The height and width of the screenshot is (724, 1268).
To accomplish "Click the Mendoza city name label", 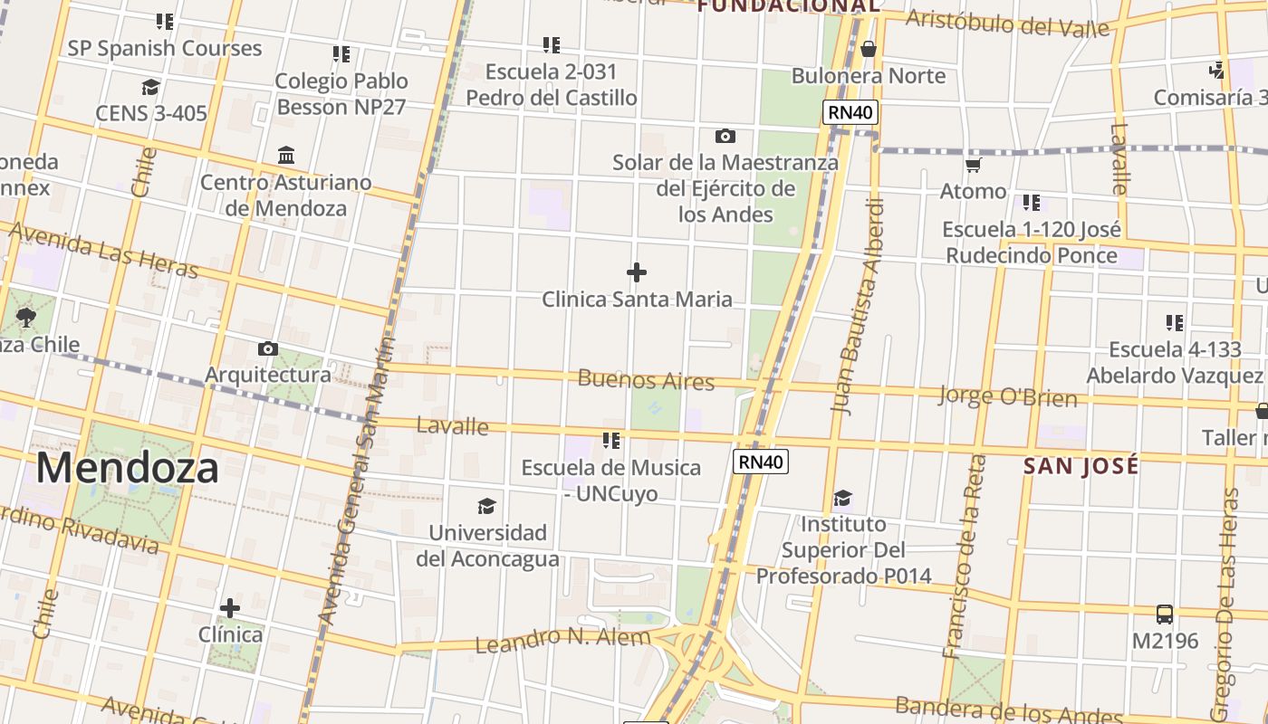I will [128, 468].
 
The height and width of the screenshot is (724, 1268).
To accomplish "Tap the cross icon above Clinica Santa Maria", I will [637, 271].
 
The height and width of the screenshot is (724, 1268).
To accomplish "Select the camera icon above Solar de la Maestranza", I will [725, 137].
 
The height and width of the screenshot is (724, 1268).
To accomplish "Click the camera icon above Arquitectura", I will [267, 348].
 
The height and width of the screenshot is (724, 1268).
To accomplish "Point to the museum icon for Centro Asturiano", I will [286, 155].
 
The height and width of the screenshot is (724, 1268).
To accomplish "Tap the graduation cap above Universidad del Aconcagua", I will [487, 506].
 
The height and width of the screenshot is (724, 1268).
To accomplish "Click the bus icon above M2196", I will [1165, 614].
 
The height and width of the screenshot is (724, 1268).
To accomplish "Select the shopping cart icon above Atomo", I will [974, 165].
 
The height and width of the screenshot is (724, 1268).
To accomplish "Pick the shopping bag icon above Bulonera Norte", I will [868, 49].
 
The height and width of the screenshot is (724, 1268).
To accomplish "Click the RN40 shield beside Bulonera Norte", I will [850, 113].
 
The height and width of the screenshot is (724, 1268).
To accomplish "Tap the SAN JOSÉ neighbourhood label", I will [1081, 466].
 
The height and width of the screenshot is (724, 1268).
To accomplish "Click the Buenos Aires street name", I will [646, 380].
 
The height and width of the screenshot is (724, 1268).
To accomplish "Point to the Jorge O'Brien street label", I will [1007, 396].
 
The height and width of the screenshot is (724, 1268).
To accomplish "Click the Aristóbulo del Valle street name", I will [1007, 24].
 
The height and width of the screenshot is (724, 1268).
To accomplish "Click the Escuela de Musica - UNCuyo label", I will [610, 481].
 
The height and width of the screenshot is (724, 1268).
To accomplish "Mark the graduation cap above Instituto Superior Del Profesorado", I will [843, 498].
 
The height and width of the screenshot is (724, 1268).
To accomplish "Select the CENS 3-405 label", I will [151, 113].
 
